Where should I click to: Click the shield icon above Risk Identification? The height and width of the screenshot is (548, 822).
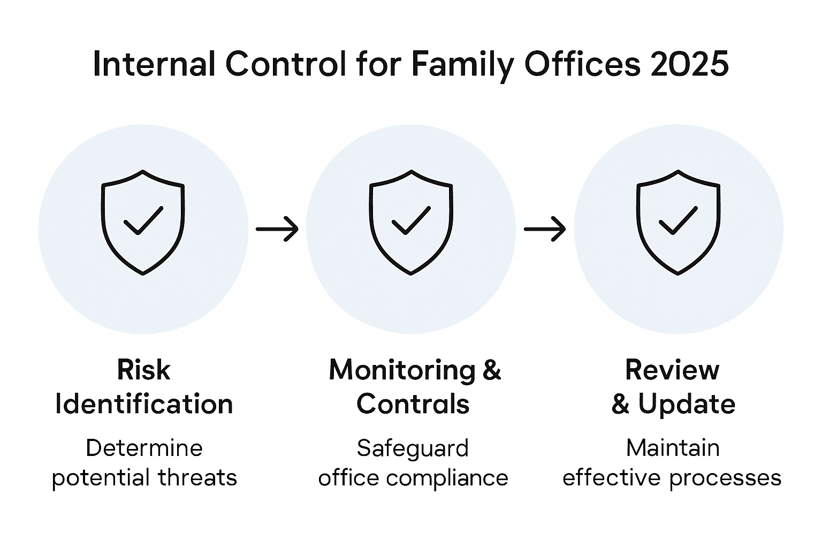pyautogui.click(x=143, y=222)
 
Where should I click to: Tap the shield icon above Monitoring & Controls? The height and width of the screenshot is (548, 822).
pyautogui.click(x=411, y=222)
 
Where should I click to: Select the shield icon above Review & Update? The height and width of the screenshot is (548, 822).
pyautogui.click(x=678, y=222)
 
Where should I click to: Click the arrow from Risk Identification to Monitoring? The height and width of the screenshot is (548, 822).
pyautogui.click(x=277, y=229)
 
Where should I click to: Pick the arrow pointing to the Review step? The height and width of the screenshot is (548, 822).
pyautogui.click(x=544, y=229)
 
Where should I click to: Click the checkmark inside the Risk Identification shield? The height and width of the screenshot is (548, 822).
pyautogui.click(x=143, y=220)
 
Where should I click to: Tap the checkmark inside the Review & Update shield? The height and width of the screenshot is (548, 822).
pyautogui.click(x=678, y=220)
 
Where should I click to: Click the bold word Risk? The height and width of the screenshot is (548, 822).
pyautogui.click(x=143, y=370)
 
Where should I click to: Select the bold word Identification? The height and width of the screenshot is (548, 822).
pyautogui.click(x=144, y=404)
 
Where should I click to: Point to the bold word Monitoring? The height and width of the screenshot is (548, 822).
pyautogui.click(x=402, y=370)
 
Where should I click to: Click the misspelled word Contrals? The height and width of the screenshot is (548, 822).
pyautogui.click(x=413, y=404)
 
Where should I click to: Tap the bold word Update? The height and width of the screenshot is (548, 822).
pyautogui.click(x=687, y=404)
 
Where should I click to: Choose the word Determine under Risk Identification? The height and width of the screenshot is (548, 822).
pyautogui.click(x=144, y=448)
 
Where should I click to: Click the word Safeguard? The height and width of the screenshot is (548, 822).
pyautogui.click(x=413, y=448)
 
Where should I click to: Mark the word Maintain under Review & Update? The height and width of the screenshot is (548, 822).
pyautogui.click(x=673, y=448)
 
